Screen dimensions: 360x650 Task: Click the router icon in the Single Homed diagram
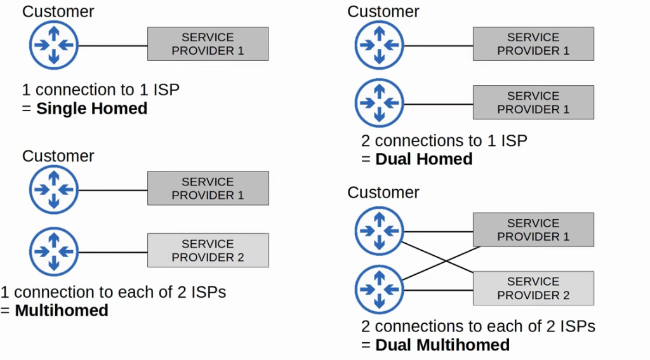point(53,45)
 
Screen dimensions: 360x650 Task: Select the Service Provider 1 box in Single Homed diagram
point(208,44)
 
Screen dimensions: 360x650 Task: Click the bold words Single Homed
point(91,109)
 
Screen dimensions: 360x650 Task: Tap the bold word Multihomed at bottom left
point(62,310)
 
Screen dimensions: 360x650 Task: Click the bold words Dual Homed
point(424,159)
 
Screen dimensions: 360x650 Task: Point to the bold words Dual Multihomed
point(442,345)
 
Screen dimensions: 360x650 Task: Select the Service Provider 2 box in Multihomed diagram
point(208,250)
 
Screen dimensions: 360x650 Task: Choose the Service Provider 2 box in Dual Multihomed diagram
point(533,288)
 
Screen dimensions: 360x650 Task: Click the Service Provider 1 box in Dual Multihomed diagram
point(533,230)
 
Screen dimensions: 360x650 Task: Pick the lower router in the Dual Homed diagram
point(379,103)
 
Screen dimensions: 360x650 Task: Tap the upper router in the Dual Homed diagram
point(379,45)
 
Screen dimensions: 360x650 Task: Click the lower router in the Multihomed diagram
point(53,252)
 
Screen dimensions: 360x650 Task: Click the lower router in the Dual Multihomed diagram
point(379,289)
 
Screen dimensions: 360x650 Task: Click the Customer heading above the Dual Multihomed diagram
point(383,192)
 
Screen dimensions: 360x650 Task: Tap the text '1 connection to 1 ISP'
point(101,90)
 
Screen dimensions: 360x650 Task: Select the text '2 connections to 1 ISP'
point(444,140)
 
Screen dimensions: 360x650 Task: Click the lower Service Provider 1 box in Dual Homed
point(533,103)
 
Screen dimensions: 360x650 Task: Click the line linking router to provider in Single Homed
point(112,46)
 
